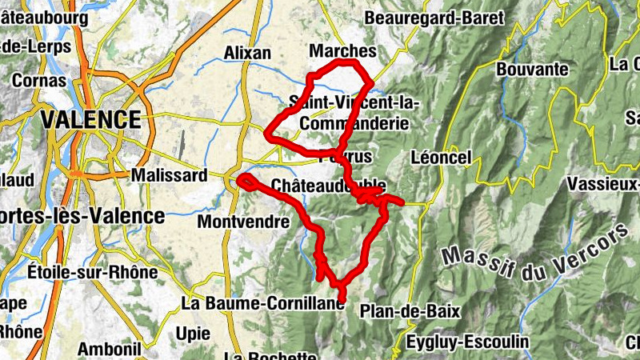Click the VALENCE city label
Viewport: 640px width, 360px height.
(90, 120)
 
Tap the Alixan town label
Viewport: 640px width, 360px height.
(247, 53)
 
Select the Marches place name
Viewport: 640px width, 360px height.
(342, 51)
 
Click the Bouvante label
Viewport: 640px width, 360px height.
(532, 69)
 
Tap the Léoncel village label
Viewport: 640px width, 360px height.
(440, 158)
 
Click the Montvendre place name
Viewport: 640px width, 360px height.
(242, 220)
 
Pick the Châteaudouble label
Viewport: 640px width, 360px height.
(329, 186)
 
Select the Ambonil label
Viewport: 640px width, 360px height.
(110, 349)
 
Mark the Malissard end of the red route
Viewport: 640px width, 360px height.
(241, 177)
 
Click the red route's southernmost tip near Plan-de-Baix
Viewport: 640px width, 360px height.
(342, 300)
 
